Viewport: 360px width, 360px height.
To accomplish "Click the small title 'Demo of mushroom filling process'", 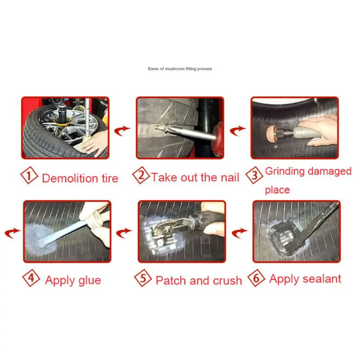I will [180, 69].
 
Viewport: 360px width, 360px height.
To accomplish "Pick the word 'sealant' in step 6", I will [320, 279].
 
